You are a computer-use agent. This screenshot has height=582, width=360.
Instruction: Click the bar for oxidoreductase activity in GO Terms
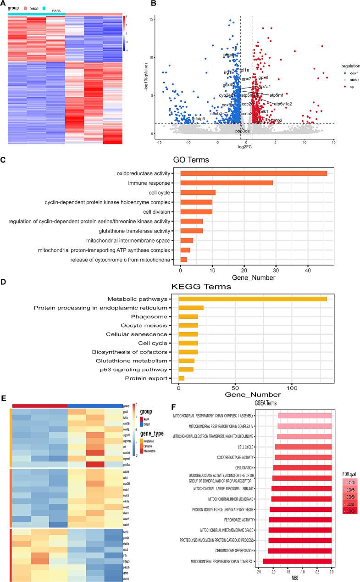(254, 173)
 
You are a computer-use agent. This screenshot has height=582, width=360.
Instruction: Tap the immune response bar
(227, 183)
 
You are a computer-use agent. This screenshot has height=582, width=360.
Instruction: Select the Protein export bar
(182, 378)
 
